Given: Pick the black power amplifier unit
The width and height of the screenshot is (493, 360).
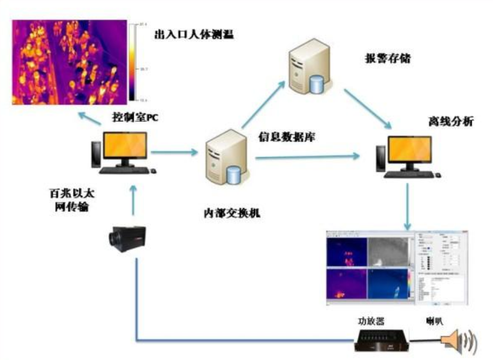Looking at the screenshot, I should tap(380, 341).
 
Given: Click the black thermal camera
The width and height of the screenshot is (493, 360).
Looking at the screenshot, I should tap(125, 237).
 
